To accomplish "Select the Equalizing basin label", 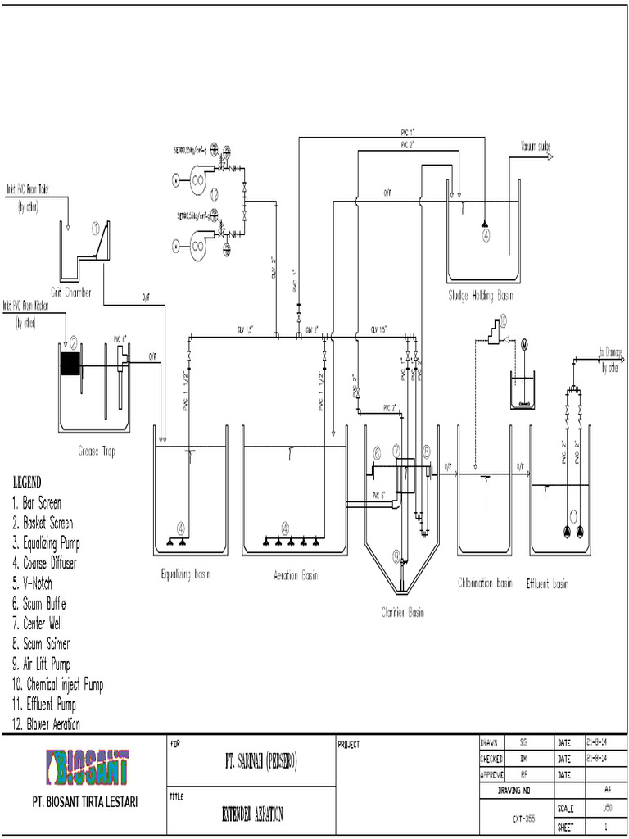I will point(185,574).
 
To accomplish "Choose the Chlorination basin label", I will point(485,583).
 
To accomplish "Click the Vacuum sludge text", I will point(535,147).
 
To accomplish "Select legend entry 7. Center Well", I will point(38,624).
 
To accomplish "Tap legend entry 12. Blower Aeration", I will point(46,723).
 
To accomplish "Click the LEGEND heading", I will point(26,482).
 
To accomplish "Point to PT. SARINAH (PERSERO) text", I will point(250,763).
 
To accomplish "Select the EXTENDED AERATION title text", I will point(252,814).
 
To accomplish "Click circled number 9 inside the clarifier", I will point(396,557).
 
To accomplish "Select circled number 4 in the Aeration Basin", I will point(286,528).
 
